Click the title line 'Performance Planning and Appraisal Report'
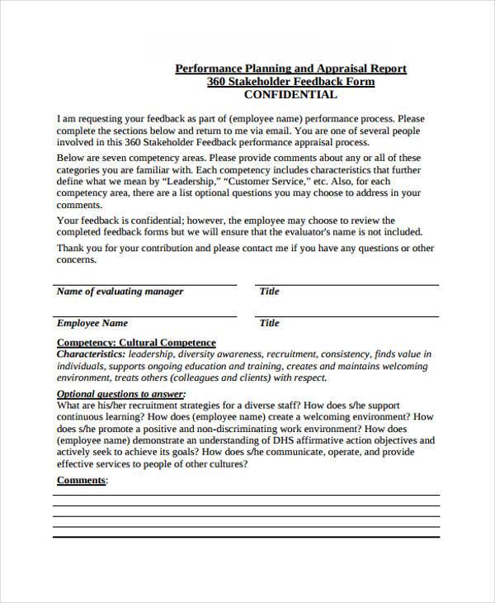pyautogui.click(x=290, y=69)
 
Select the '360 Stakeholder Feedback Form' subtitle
pyautogui.click(x=290, y=82)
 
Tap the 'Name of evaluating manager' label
pyautogui.click(x=120, y=292)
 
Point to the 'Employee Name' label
pyautogui.click(x=92, y=323)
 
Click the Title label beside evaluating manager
pyautogui.click(x=270, y=292)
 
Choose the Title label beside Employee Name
pyautogui.click(x=270, y=323)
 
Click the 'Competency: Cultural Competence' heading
pyautogui.click(x=136, y=342)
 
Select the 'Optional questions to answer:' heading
pyautogui.click(x=121, y=394)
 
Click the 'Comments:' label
pyautogui.click(x=82, y=480)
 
